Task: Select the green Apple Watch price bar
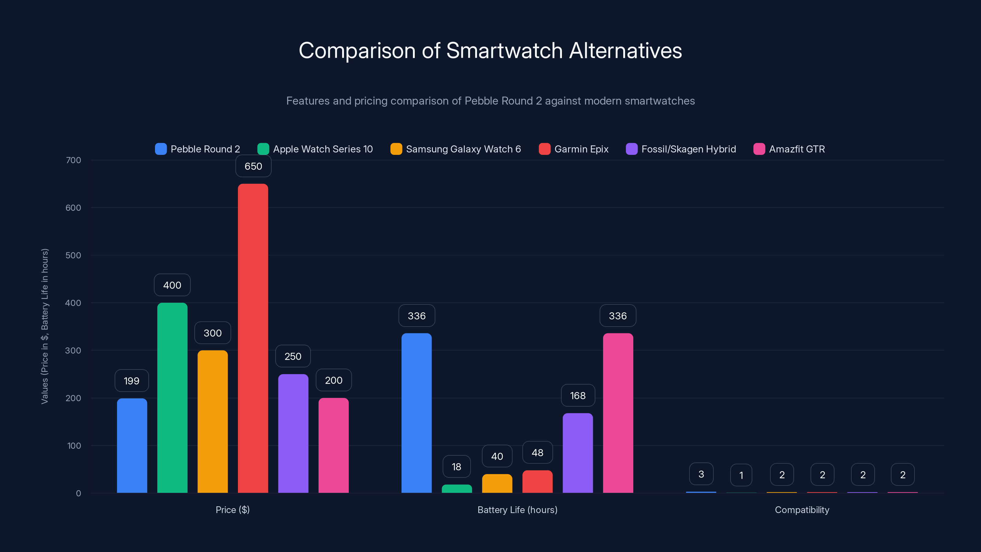(172, 398)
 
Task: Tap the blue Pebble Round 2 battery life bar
(416, 413)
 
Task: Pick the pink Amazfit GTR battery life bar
(618, 413)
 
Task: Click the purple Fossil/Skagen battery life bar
(577, 453)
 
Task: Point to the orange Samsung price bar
(212, 421)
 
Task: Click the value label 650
(253, 167)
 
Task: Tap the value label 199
(132, 381)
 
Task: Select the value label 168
(578, 396)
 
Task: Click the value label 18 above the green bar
(456, 467)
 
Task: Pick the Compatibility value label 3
(701, 474)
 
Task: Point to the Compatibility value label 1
(741, 475)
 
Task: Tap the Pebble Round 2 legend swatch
(161, 149)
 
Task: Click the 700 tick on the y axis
(73, 160)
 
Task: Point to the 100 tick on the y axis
(74, 446)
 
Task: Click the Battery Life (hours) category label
(517, 510)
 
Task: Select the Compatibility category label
(802, 510)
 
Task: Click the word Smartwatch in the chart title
(504, 50)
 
